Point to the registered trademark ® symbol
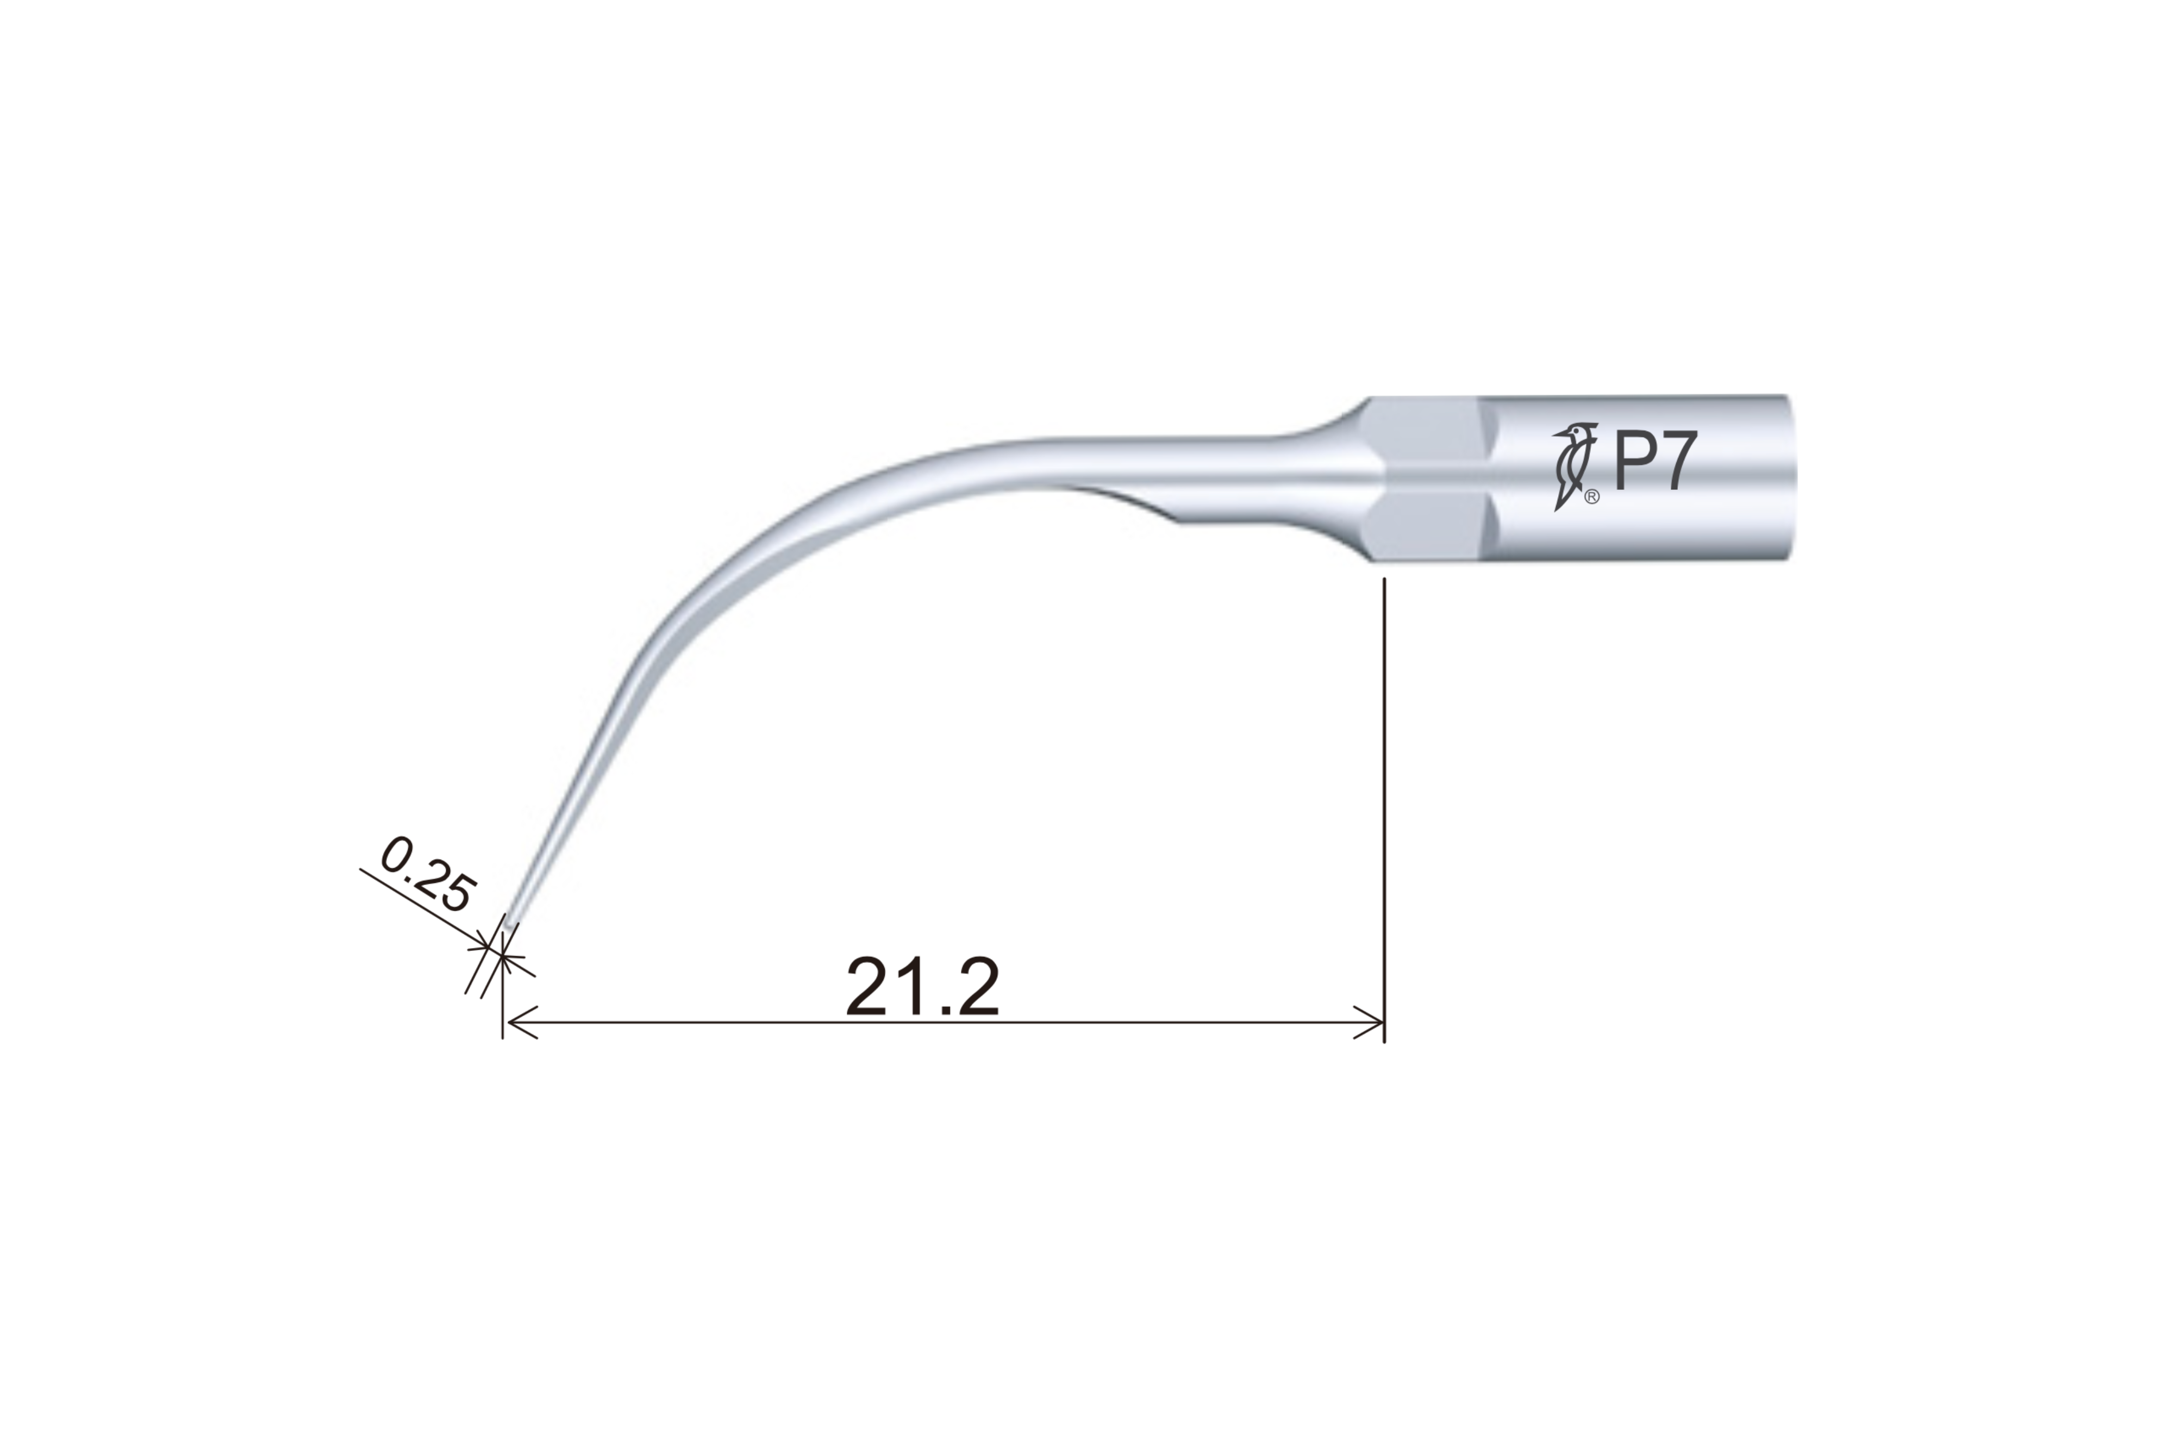pyautogui.click(x=1592, y=497)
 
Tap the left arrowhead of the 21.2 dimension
pyautogui.click(x=522, y=1022)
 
